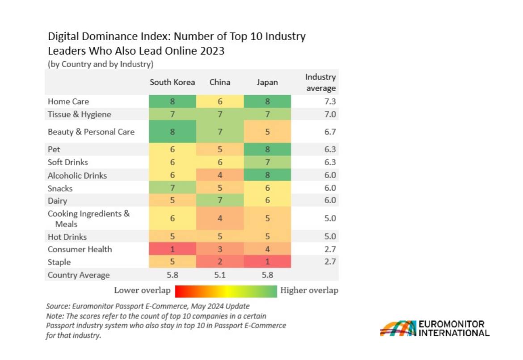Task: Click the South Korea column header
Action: tap(172, 83)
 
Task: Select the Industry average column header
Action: tap(320, 83)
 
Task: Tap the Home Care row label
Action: tap(68, 101)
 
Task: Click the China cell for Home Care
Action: tap(219, 101)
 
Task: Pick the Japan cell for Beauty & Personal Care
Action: tap(267, 132)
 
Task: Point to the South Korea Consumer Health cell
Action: tap(172, 249)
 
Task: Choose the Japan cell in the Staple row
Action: tap(267, 262)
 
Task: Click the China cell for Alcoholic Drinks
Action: tap(219, 176)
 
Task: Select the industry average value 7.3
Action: tap(330, 101)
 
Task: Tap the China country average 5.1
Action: tap(219, 275)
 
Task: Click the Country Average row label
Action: tap(79, 275)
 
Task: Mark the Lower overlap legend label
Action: tap(142, 290)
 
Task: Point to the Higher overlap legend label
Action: tap(309, 290)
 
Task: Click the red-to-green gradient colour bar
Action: tap(226, 291)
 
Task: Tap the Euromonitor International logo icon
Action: tap(398, 328)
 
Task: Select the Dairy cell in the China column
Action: tap(219, 201)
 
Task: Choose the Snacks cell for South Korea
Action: tap(172, 188)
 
